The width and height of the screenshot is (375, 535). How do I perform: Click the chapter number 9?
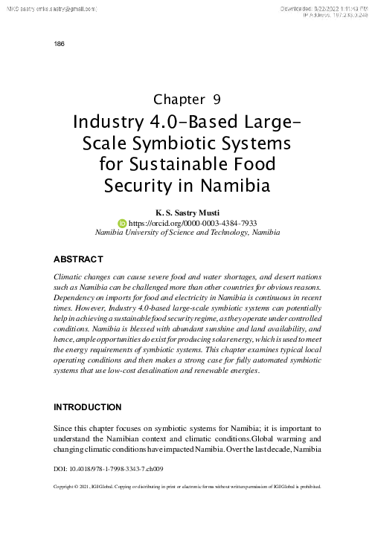[x=216, y=99]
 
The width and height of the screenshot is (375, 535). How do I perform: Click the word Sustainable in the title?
[x=187, y=162]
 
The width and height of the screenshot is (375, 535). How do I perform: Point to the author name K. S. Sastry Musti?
[x=187, y=211]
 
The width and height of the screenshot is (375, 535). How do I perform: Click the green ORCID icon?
[x=123, y=221]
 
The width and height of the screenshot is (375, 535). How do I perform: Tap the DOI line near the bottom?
[x=109, y=470]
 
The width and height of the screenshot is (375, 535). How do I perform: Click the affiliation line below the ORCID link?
[x=187, y=232]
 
